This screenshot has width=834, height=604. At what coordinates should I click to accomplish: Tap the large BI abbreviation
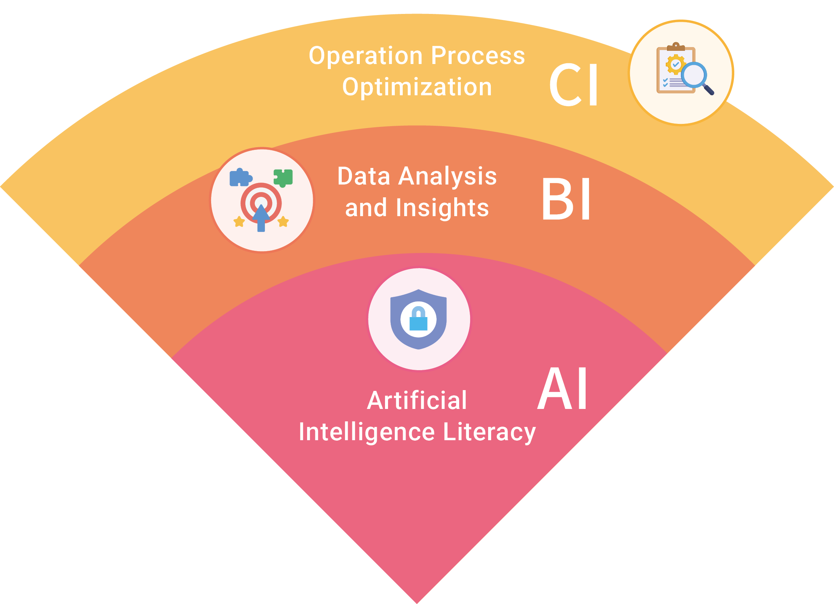coord(566,199)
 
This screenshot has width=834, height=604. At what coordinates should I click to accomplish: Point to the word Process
coord(478,56)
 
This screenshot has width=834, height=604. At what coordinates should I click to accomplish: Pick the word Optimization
coord(417,87)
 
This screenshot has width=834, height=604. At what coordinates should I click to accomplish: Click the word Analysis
coord(447,176)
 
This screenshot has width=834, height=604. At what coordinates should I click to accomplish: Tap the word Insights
coord(442,208)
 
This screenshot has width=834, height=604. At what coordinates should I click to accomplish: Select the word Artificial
coord(417,400)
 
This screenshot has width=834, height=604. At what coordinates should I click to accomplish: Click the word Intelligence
coord(367,432)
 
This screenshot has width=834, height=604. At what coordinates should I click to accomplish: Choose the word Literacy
coord(489,432)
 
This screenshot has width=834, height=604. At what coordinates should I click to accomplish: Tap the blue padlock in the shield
coord(419,319)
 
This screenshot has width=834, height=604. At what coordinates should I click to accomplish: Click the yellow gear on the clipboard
coord(676,64)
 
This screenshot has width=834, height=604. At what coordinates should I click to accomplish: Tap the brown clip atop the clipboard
coord(676,47)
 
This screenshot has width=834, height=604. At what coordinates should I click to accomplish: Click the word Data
coord(364,176)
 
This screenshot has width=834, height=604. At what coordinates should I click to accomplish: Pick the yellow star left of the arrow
coord(239,222)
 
